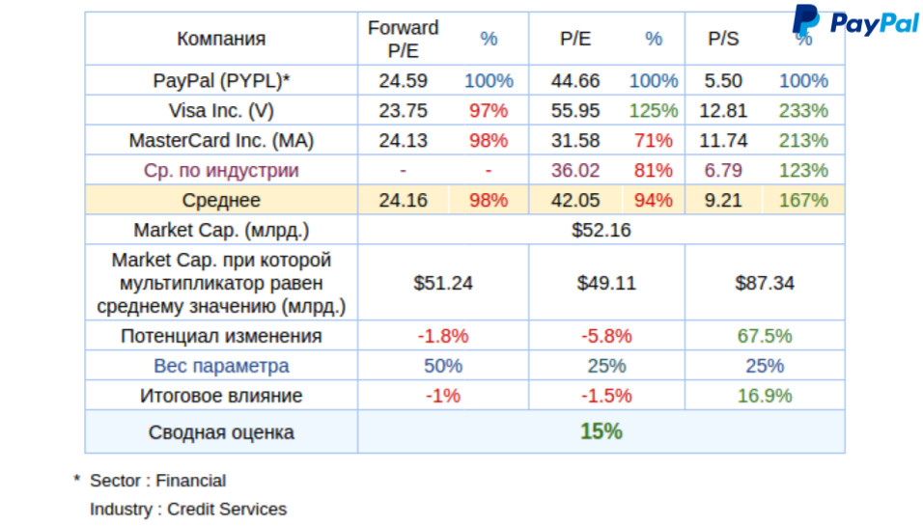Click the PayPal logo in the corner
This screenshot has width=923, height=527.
(855, 22)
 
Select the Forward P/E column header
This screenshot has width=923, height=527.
(404, 40)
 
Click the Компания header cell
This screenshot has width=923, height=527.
(221, 40)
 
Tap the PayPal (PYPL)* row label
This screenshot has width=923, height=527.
(221, 81)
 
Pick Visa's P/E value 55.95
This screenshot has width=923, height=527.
(575, 111)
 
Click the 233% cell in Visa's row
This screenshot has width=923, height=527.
(803, 111)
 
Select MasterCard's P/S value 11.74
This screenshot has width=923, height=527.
(723, 141)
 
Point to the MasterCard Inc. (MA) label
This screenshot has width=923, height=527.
(221, 141)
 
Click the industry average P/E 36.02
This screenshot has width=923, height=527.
(575, 171)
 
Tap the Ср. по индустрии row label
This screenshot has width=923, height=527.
(221, 171)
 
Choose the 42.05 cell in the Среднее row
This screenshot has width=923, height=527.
(575, 201)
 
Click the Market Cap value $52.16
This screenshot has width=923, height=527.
(601, 231)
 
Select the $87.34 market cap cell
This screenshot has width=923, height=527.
(765, 284)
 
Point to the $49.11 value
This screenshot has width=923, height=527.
(602, 284)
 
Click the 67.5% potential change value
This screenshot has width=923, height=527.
(765, 336)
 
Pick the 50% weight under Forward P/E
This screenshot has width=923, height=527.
(443, 366)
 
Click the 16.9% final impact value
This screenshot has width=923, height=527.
(765, 396)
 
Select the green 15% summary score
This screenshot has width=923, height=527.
(601, 431)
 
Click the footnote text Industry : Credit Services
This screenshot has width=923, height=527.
(188, 509)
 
